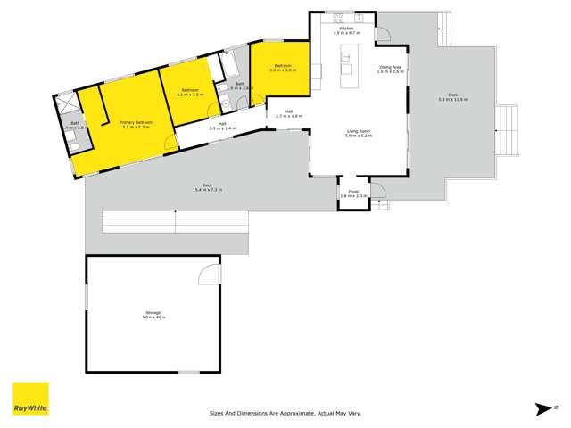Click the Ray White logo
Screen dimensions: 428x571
(30, 399)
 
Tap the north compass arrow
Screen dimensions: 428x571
(544, 409)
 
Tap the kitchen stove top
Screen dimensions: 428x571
(339, 17)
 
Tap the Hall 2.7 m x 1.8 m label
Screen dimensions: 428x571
(289, 114)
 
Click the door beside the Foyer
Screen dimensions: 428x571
(377, 191)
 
